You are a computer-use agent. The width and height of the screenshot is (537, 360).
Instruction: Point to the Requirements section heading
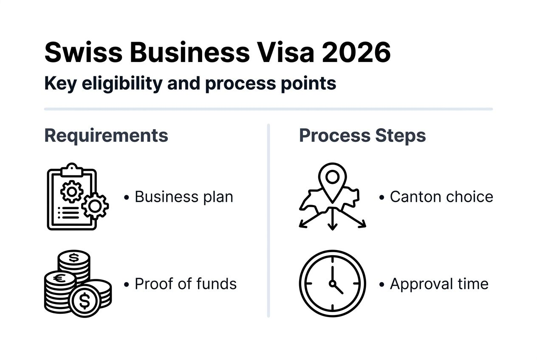106,136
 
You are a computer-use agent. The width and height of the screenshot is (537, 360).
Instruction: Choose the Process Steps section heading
362,136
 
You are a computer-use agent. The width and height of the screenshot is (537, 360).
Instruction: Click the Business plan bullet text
184,197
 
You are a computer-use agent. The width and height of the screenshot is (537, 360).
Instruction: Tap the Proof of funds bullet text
185,284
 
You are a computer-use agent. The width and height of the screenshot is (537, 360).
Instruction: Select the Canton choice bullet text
441,197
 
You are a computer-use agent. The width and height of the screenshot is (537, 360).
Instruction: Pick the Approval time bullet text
439,284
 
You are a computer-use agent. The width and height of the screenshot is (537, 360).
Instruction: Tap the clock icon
332,284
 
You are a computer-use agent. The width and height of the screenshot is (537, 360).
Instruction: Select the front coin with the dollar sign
85,301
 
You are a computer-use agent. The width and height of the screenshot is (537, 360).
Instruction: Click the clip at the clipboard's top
72,169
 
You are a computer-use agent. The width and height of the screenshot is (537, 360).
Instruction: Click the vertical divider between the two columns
268,221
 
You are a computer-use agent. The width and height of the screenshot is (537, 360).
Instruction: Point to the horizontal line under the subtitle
268,109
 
